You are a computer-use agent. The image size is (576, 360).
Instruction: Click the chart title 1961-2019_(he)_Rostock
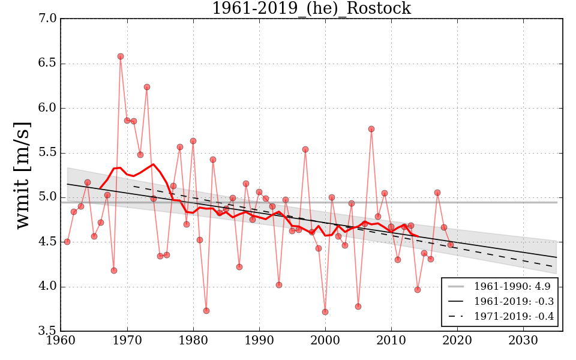click(311, 8)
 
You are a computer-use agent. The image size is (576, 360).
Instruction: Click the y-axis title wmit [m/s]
click(23, 175)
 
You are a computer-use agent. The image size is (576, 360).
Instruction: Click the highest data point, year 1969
click(121, 56)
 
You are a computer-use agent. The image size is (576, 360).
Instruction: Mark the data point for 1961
click(67, 242)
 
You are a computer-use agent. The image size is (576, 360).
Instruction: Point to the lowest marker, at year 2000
click(325, 312)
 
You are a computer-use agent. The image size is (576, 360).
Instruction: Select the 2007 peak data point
click(371, 129)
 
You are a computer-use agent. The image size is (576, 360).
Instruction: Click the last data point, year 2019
click(451, 245)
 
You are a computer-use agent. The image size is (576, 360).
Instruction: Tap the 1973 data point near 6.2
click(147, 87)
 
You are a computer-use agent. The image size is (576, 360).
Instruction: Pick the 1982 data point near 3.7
click(206, 311)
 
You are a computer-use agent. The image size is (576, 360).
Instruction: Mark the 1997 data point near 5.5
click(305, 149)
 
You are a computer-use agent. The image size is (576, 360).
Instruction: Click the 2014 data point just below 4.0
click(418, 290)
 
